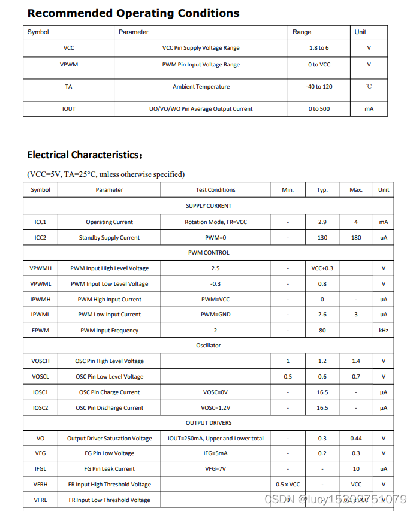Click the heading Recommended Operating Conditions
point(133,13)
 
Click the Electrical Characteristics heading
point(85,155)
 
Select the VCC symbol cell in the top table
point(69,48)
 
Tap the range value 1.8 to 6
point(319,48)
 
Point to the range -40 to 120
point(319,87)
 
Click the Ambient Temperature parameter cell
point(201,87)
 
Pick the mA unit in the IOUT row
point(369,109)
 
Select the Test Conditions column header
point(215,190)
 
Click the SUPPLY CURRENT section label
point(209,206)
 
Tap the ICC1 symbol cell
point(41,222)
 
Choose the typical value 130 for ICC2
point(322,238)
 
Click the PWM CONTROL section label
point(209,253)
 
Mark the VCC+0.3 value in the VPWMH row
point(322,268)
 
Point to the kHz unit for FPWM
point(384,331)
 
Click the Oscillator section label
point(209,346)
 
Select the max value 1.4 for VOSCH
point(356,361)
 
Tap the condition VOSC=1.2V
point(215,408)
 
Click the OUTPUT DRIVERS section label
point(209,423)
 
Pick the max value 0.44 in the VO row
point(356,439)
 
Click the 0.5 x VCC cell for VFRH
point(288,485)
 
